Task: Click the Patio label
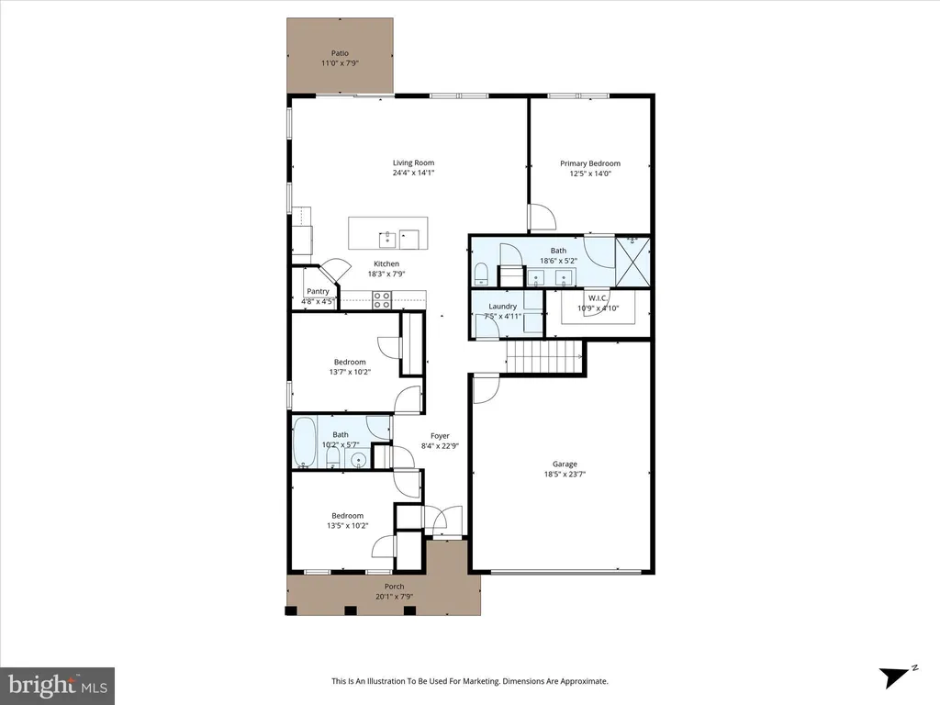(340, 53)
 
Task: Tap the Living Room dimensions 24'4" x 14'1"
(414, 173)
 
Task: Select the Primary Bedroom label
(590, 163)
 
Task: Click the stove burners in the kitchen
(382, 300)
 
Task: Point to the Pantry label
(318, 291)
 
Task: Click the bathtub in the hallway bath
(305, 442)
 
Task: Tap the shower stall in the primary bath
(632, 263)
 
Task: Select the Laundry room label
(502, 307)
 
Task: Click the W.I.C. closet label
(598, 298)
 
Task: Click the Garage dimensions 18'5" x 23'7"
(565, 475)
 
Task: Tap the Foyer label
(440, 436)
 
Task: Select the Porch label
(395, 587)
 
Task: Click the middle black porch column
(350, 610)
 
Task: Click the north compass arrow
(894, 677)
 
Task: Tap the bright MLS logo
(58, 686)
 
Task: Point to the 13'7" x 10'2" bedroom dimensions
(350, 372)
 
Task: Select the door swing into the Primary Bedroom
(542, 217)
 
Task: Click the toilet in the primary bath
(481, 274)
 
